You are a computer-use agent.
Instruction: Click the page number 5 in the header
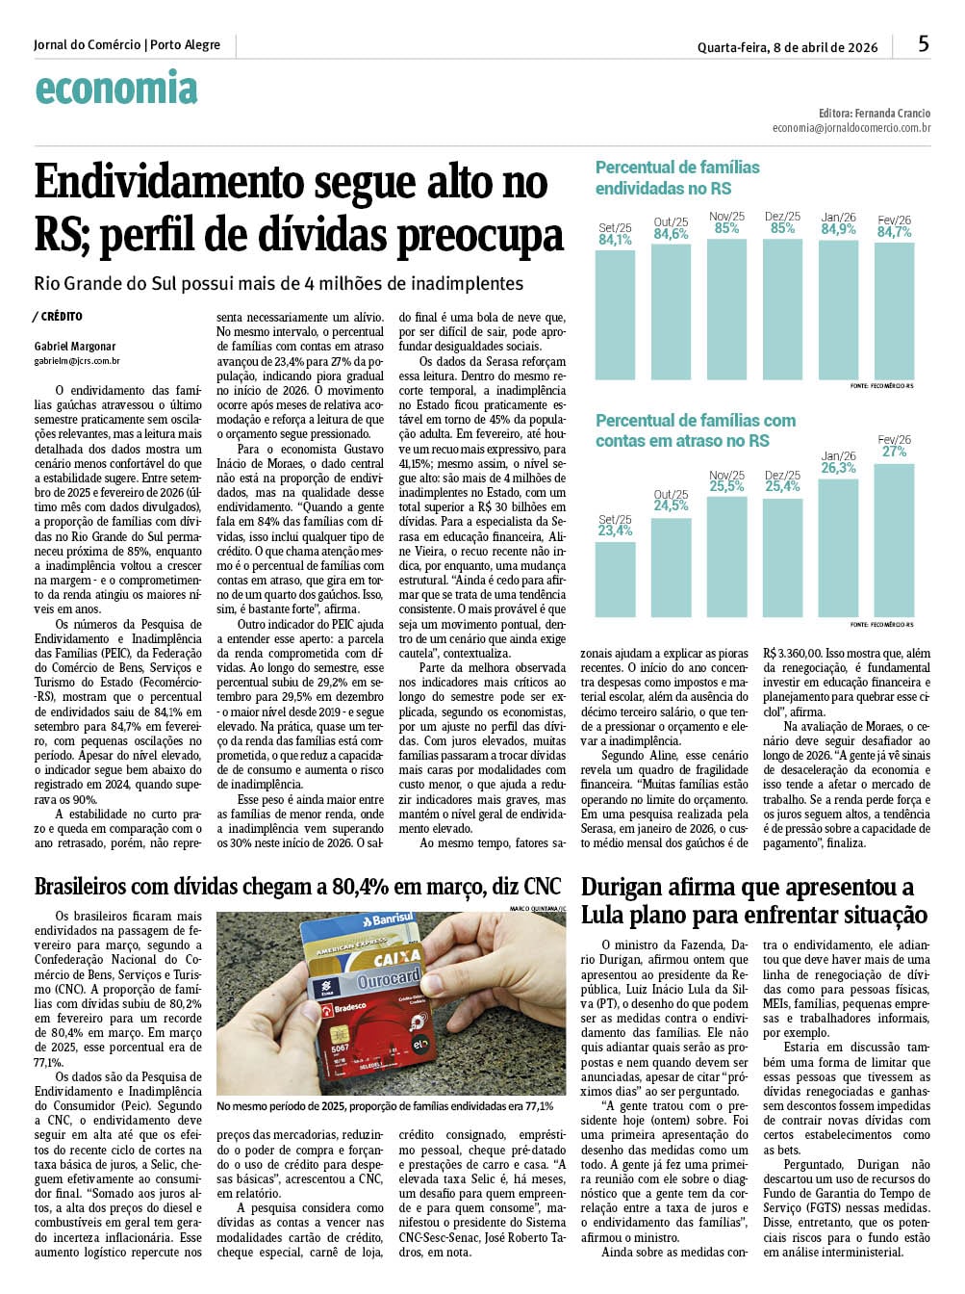[924, 43]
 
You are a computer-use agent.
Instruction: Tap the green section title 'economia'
[116, 89]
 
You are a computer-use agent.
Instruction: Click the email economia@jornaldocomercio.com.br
[851, 127]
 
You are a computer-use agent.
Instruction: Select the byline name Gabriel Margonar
[75, 347]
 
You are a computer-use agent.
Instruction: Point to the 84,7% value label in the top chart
[895, 232]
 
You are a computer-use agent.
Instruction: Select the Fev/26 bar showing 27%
[895, 539]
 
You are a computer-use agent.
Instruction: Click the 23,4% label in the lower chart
[615, 531]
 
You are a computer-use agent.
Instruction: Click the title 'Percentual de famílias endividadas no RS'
[677, 177]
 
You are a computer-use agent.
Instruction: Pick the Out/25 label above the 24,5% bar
[671, 494]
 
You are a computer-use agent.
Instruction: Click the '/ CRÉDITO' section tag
[58, 317]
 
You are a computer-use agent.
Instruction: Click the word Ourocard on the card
[390, 982]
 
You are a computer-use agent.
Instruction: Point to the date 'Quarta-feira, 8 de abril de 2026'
[787, 47]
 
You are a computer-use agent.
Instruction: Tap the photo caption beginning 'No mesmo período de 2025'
[385, 1106]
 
